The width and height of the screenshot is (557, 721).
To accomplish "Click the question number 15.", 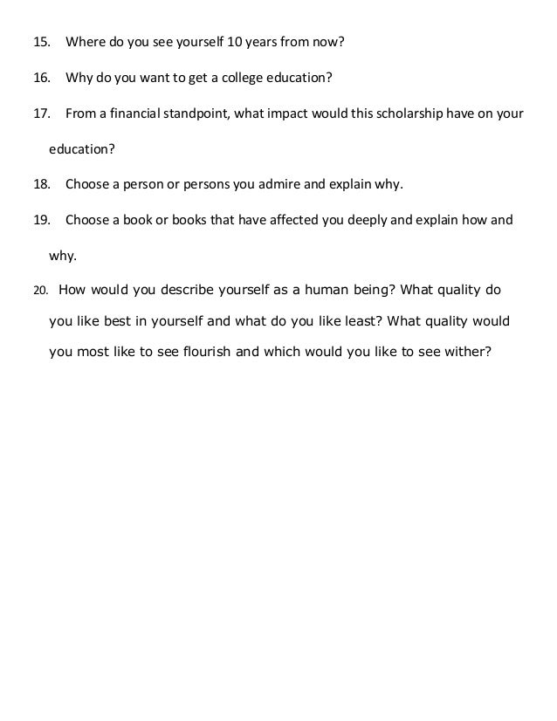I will click(41, 42).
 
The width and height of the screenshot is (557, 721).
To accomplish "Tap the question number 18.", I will click(41, 184).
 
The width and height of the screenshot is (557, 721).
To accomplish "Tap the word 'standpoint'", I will click(192, 113).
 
